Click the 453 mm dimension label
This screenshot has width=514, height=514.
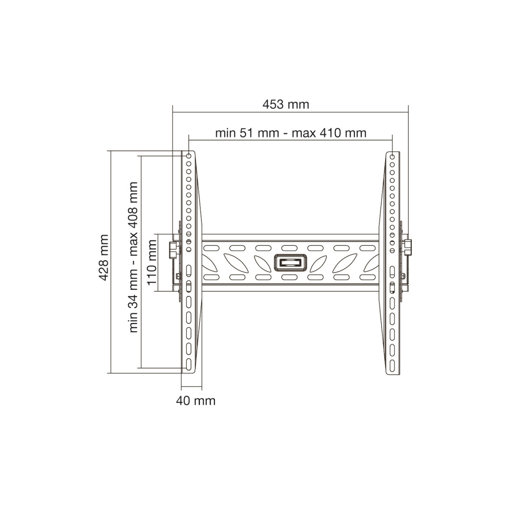click(285, 104)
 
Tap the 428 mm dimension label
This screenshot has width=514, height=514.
click(104, 257)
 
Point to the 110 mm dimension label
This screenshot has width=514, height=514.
click(152, 263)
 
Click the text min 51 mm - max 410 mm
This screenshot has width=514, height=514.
click(291, 133)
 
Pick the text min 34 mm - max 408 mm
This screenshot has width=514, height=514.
click(133, 257)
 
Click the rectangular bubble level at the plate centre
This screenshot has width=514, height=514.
click(290, 263)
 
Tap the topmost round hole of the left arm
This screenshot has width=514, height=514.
click(188, 156)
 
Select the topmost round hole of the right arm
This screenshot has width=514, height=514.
click(392, 157)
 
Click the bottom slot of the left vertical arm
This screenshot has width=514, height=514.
click(188, 365)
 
